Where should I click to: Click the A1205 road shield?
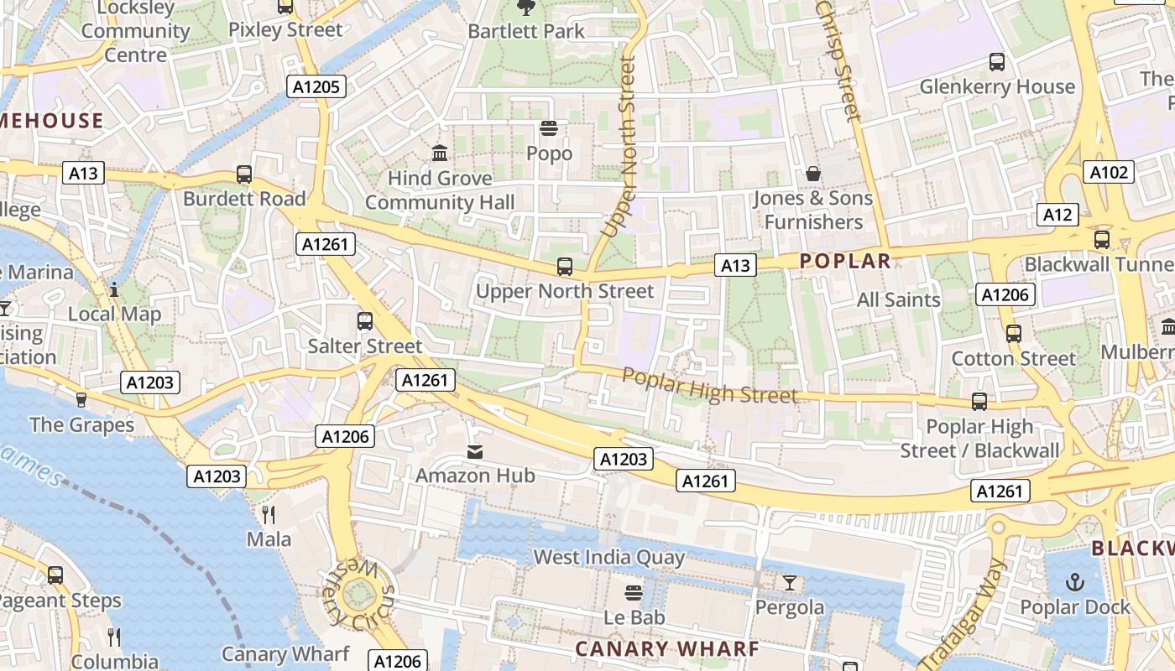point(316,86)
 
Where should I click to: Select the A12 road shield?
point(1057,215)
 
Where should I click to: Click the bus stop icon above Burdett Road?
point(244,174)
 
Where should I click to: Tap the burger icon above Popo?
point(549,129)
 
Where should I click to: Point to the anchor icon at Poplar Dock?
point(1074,582)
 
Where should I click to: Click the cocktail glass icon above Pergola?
point(790,582)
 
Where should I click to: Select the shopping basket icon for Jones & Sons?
point(812,174)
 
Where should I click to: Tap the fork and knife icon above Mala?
point(269,514)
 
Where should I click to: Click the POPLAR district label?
point(845,261)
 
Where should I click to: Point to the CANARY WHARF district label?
point(667,648)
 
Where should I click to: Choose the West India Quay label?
point(609,557)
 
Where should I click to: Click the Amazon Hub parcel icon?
point(475,452)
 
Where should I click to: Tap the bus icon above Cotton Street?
point(1013,334)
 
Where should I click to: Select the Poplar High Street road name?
point(710,385)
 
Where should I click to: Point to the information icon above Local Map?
point(114,290)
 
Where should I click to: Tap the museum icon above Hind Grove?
point(440,153)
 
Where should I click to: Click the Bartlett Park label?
point(526,31)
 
